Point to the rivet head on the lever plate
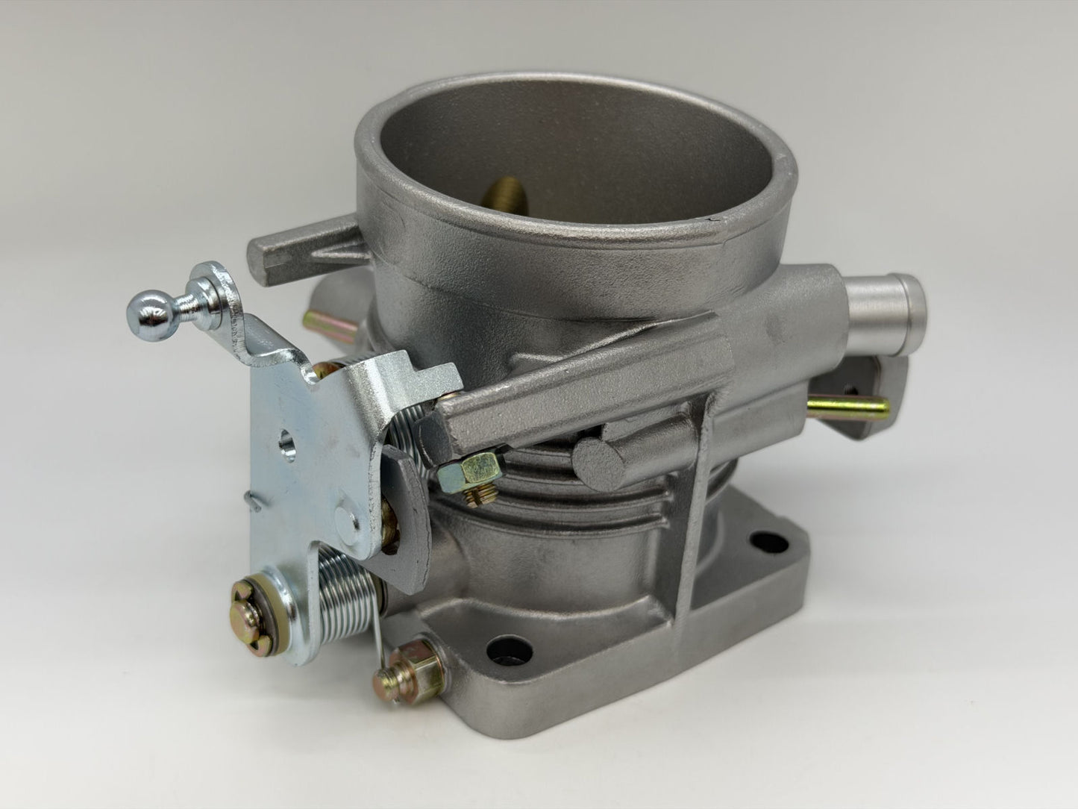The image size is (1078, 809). click(x=344, y=515)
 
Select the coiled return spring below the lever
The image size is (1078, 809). click(x=348, y=582)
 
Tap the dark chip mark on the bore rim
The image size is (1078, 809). click(x=710, y=217)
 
